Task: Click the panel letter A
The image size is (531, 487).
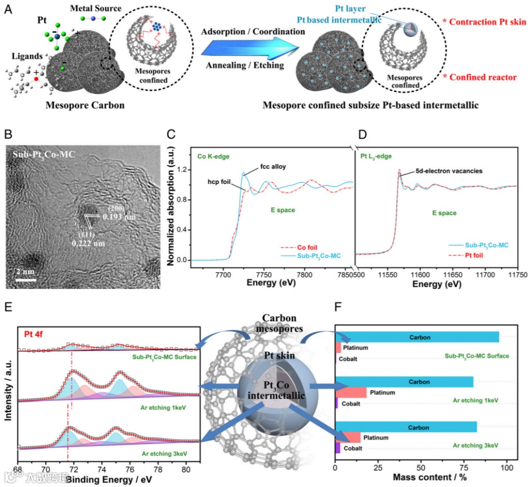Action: pos(8,9)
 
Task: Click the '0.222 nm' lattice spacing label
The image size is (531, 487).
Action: pos(88,243)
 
